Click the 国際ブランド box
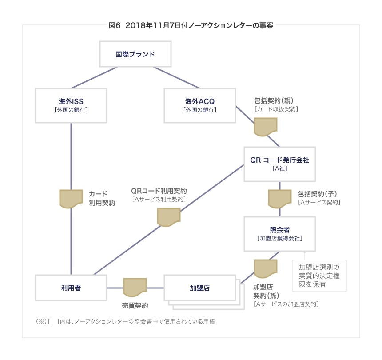coord(135,55)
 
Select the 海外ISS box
coord(71,105)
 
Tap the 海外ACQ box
coord(199,105)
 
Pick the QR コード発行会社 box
coord(279,164)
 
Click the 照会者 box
coord(279,234)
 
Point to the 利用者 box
coord(71,288)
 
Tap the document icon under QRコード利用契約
coord(169,216)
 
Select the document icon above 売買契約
coord(135,288)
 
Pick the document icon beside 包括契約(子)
coord(279,198)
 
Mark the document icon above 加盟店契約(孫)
coord(266,268)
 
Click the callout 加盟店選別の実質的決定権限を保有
coord(319,276)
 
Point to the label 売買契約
coord(135,306)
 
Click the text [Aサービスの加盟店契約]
coord(286,304)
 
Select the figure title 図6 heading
coord(191,25)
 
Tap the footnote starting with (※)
coord(125,321)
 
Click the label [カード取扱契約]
coord(276,109)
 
